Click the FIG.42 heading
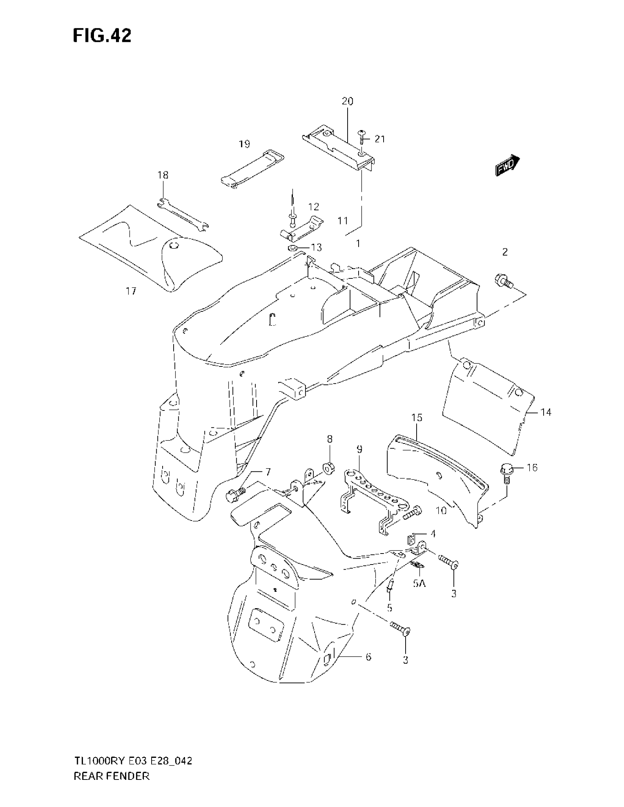[x=102, y=36]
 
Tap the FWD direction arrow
[x=507, y=165]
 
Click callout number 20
[x=348, y=101]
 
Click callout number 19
[x=244, y=144]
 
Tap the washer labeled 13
[x=292, y=247]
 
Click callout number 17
[x=131, y=291]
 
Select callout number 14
[x=545, y=412]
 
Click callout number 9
[x=359, y=449]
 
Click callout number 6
[x=368, y=657]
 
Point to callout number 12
[x=313, y=207]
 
